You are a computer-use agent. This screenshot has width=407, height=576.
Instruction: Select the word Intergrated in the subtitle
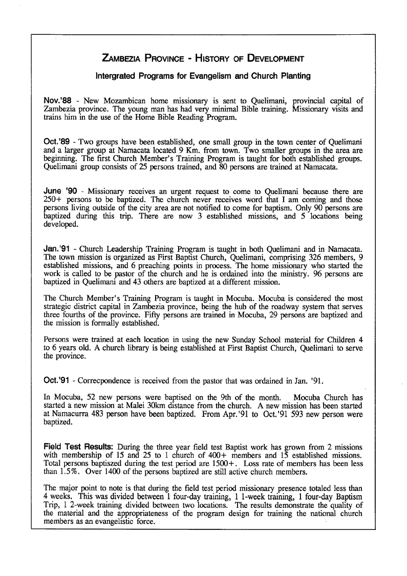click(117, 76)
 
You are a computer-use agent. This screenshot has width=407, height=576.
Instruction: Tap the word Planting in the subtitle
click(293, 76)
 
